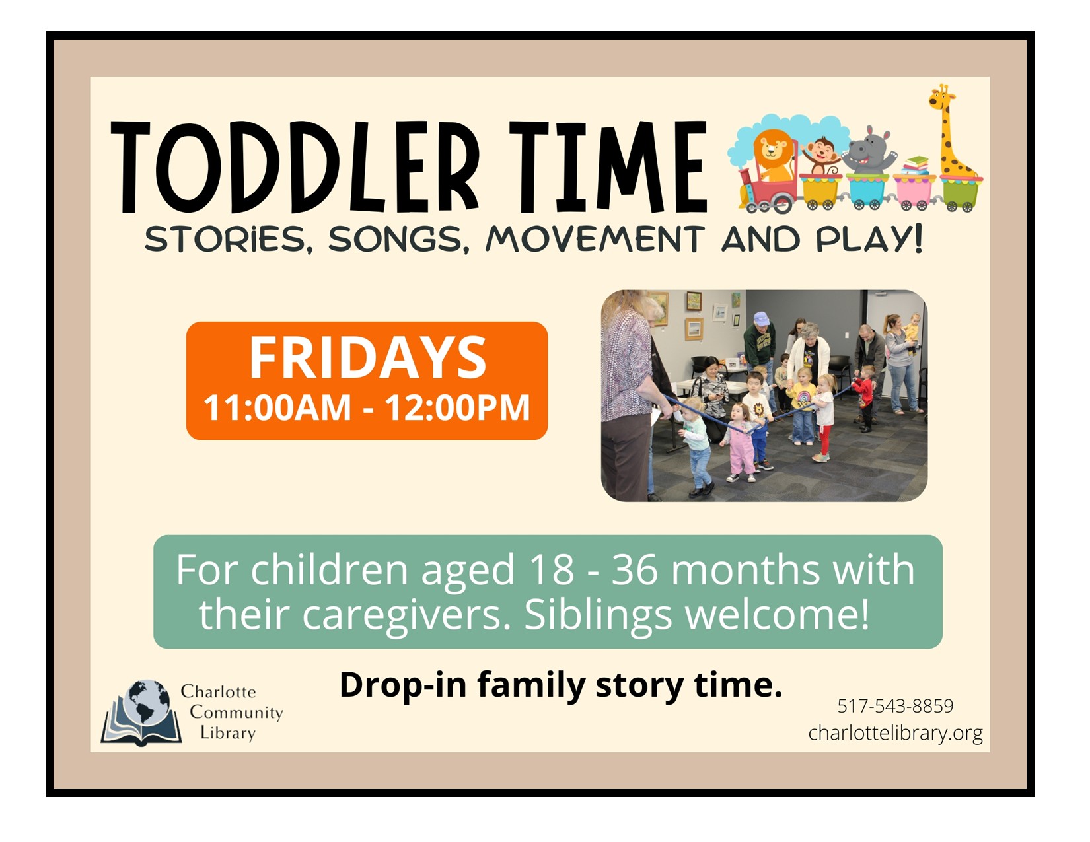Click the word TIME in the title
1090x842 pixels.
608,166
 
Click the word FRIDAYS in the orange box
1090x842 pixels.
368,357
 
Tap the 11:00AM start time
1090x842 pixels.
277,407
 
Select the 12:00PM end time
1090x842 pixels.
457,407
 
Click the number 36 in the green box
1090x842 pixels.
634,570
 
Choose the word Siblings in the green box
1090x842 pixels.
598,616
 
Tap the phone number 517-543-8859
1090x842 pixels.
895,706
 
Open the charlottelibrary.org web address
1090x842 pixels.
895,733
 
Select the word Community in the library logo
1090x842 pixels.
236,712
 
